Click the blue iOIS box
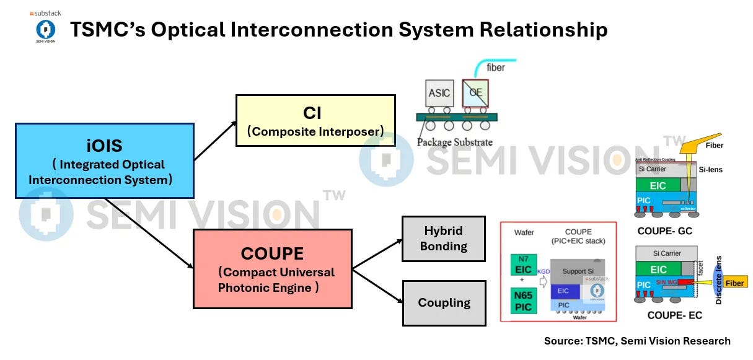(x=104, y=160)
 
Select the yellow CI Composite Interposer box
(x=315, y=120)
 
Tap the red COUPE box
(x=273, y=268)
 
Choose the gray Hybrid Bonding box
(x=444, y=239)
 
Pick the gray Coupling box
(x=444, y=303)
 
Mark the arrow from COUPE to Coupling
(x=377, y=286)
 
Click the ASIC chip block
(x=439, y=94)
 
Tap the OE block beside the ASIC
(x=475, y=94)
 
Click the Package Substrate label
(x=454, y=142)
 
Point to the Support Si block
(x=578, y=271)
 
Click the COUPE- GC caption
(x=664, y=231)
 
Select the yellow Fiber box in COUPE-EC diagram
(x=734, y=283)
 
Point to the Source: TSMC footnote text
(x=636, y=341)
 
